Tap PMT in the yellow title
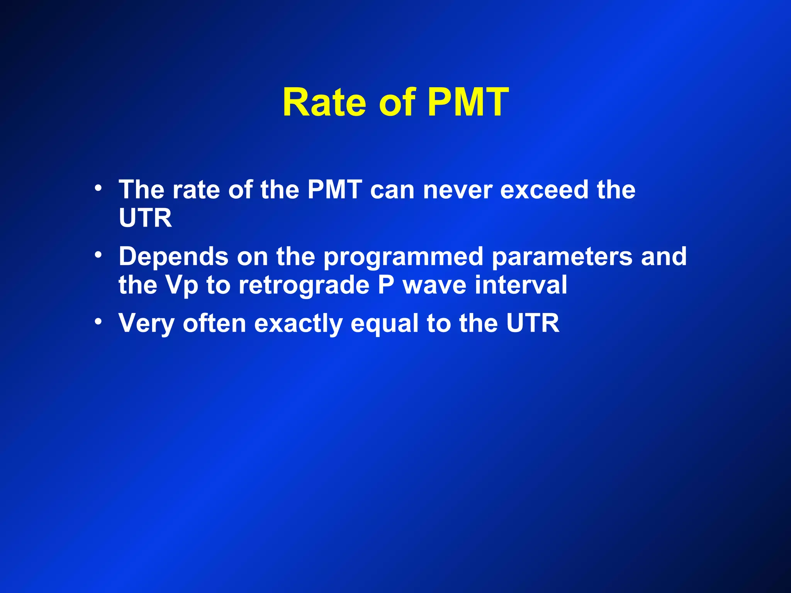click(468, 103)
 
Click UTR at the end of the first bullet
click(145, 218)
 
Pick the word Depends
click(173, 257)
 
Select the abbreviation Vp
click(182, 286)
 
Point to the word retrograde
click(304, 286)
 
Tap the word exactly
click(298, 324)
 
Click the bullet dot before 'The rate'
click(98, 188)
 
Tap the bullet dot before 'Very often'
click(98, 321)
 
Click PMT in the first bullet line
click(334, 190)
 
